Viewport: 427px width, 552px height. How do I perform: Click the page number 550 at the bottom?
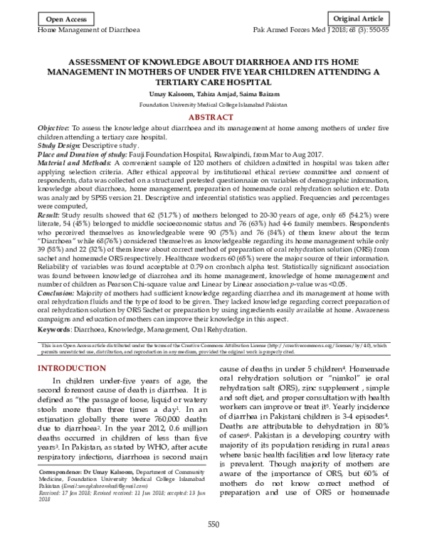(213, 544)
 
